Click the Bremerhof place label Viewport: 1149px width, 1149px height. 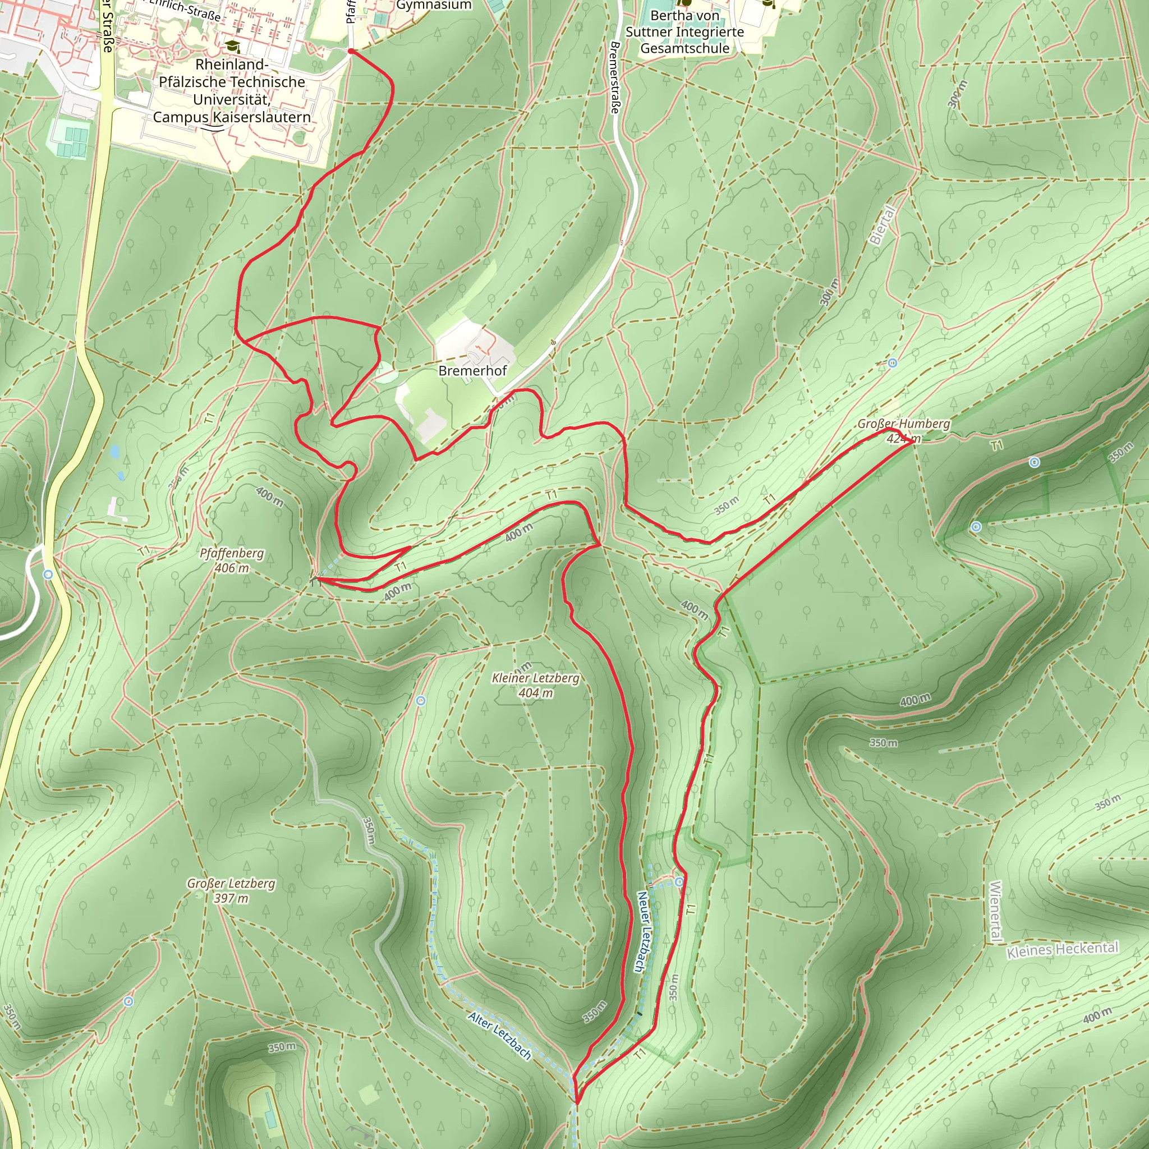[472, 370]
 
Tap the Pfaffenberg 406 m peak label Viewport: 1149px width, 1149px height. [231, 560]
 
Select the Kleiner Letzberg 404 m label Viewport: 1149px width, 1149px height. [535, 685]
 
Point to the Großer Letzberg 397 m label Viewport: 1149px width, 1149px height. [231, 890]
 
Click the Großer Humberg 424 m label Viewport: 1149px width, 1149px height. [903, 430]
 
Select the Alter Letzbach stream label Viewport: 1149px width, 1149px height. [499, 1036]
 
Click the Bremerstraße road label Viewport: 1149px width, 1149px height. [615, 77]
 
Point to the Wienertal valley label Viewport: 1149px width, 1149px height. [996, 912]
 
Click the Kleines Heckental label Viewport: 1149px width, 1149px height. [1062, 949]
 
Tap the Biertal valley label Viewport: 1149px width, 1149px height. [882, 225]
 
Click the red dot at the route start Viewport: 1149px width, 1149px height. [351, 52]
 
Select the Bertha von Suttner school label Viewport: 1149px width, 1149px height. [684, 32]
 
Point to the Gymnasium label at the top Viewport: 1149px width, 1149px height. [434, 6]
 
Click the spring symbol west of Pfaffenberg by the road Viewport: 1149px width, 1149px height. [48, 574]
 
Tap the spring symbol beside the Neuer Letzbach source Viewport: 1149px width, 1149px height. [679, 881]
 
